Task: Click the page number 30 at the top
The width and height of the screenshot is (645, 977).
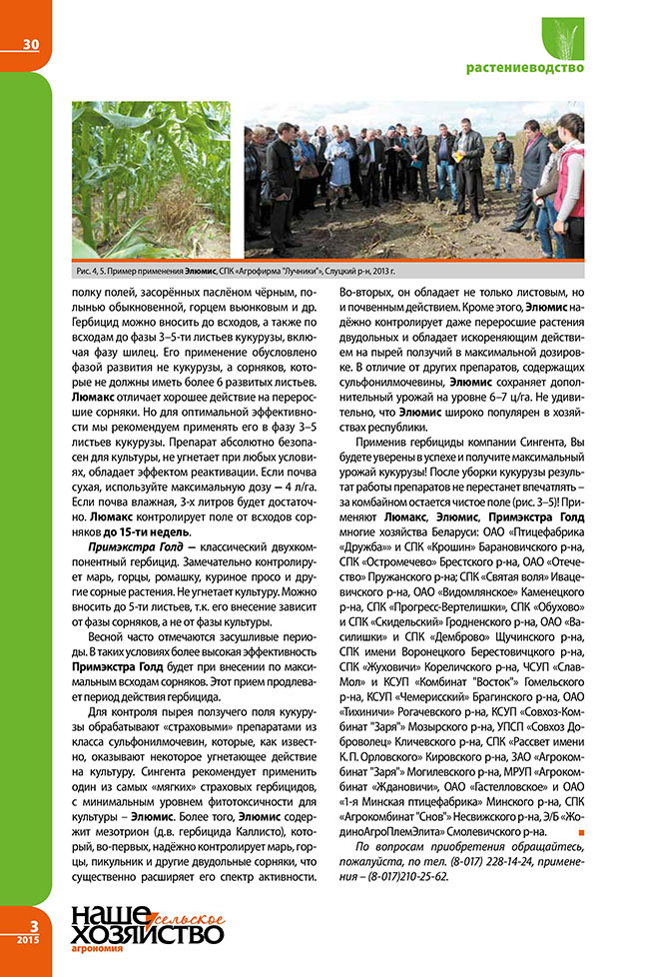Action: click(x=25, y=43)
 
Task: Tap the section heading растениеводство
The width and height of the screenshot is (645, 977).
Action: click(x=524, y=68)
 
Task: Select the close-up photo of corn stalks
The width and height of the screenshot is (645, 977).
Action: click(x=151, y=179)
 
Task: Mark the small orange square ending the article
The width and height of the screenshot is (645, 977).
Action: click(x=580, y=829)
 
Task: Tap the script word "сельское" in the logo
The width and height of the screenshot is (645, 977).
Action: click(x=180, y=917)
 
